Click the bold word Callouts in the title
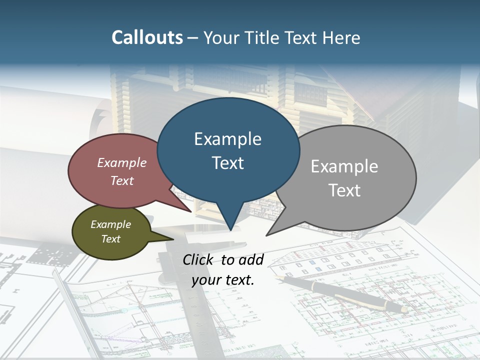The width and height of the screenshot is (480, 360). coord(147,37)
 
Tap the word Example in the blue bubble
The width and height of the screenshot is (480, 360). coord(227,139)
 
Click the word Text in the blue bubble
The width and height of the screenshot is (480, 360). coord(227,163)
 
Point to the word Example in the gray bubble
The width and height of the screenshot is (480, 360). coord(344,166)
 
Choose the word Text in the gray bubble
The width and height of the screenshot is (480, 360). coord(344,190)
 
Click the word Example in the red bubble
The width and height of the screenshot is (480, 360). coord(122,162)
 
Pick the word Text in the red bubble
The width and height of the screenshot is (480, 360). coord(122,180)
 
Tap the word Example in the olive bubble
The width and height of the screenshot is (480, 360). coord(110,224)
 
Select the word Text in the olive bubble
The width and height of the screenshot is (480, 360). coord(110,238)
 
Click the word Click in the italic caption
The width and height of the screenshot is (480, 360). coord(199,259)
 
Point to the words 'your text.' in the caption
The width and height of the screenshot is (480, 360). coord(223,280)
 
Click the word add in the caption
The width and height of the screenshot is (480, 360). coord(251,260)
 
